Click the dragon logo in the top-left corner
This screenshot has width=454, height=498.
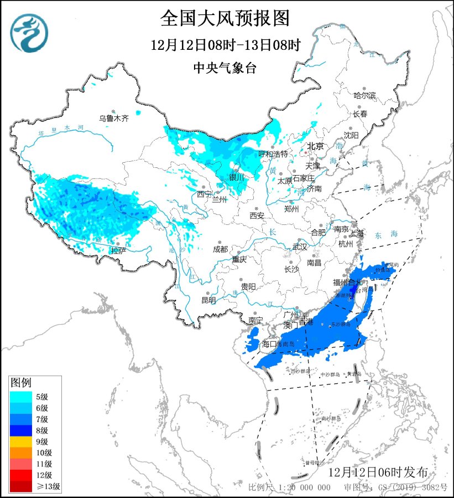pos(29,33)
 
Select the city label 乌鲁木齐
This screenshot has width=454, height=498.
pos(113,118)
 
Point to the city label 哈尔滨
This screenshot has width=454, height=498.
pos(364,96)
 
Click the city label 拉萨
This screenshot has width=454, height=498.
pos(118,251)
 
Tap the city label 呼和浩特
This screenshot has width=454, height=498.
pos(273,153)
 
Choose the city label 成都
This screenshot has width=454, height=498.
pos(220,249)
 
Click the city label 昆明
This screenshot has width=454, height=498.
pos(208,300)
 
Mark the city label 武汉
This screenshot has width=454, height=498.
pos(299,247)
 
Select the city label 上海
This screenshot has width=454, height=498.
pos(357,233)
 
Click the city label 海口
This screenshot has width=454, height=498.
pos(269,344)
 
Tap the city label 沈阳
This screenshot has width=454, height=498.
pos(351,135)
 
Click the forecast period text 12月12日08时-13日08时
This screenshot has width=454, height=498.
pos(225,45)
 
